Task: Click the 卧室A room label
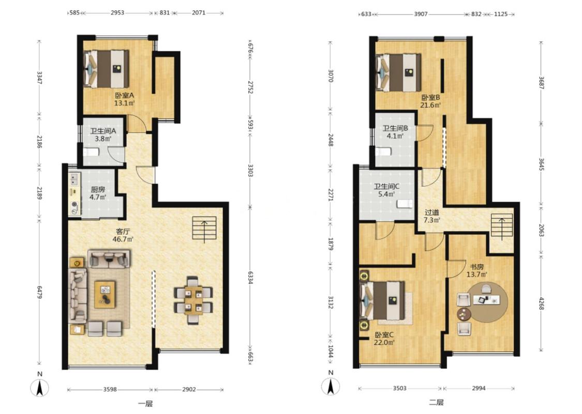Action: pyautogui.click(x=124, y=95)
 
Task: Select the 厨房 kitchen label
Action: pyautogui.click(x=98, y=189)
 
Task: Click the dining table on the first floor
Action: pyautogui.click(x=193, y=300)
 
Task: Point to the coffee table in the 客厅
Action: pyautogui.click(x=105, y=294)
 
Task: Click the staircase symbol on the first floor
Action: pyautogui.click(x=204, y=228)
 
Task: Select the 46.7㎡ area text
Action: pyautogui.click(x=123, y=239)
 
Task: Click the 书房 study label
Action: pyautogui.click(x=477, y=267)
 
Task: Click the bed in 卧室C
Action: pyautogui.click(x=383, y=300)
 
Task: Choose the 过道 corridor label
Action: pyautogui.click(x=431, y=212)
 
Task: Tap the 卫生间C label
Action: pyautogui.click(x=386, y=186)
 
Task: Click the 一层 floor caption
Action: pyautogui.click(x=145, y=404)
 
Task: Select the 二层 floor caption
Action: pyautogui.click(x=436, y=403)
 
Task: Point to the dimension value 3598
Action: pyautogui.click(x=110, y=390)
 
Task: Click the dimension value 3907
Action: pyautogui.click(x=421, y=14)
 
